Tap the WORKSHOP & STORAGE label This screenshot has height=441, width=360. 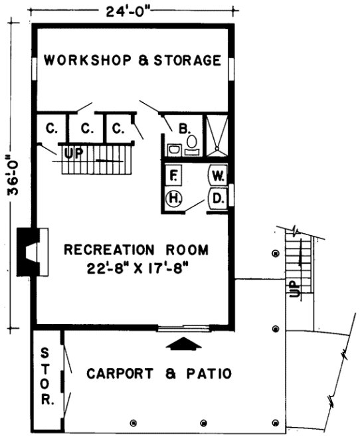pos(132,60)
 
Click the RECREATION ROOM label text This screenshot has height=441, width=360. pos(136,250)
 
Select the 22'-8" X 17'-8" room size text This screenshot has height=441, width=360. pos(136,268)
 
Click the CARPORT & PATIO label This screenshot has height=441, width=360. pos(159,374)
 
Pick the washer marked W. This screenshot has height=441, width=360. pos(218,176)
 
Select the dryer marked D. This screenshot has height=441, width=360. pos(218,198)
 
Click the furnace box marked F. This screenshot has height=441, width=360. pos(174,176)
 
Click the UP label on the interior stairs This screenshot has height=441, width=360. pos(72,154)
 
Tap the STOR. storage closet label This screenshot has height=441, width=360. pos(46,376)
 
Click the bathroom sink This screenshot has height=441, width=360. pos(174,150)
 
